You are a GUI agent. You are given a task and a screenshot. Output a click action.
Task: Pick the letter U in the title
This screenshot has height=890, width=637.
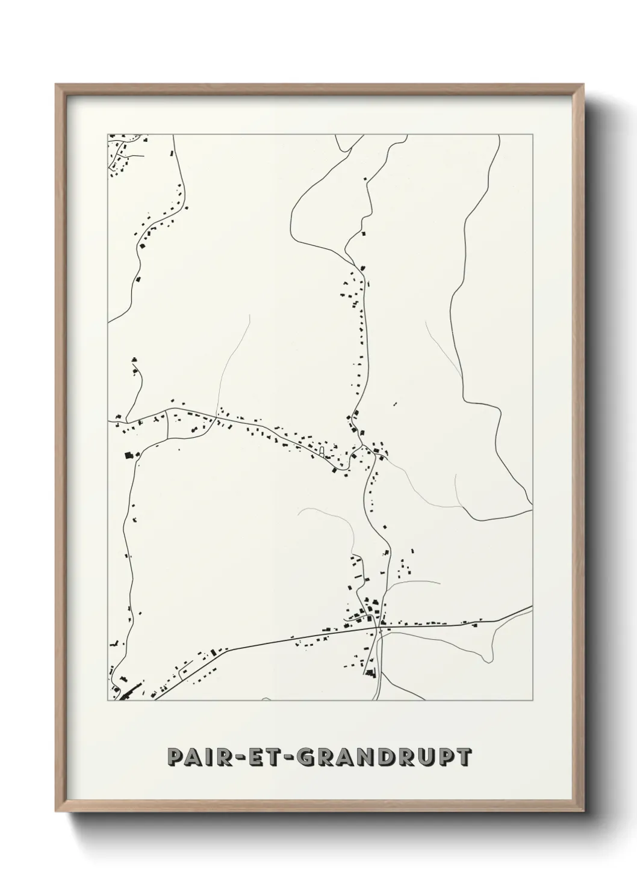[x=426, y=757]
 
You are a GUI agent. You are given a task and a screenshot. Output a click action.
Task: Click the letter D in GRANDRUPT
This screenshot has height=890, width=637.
[x=388, y=757]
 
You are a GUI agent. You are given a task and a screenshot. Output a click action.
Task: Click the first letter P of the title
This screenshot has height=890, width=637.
[x=176, y=757]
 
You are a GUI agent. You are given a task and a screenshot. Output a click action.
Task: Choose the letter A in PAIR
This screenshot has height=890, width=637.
[x=196, y=757]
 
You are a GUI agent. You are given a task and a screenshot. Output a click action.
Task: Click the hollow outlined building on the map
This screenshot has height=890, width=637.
[x=322, y=450]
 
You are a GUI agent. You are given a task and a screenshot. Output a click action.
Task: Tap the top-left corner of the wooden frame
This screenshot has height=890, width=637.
[x=56, y=85]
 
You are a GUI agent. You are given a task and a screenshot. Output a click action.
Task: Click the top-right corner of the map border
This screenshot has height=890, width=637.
[x=533, y=134]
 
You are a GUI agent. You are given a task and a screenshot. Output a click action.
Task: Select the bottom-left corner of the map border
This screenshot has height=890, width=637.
[x=108, y=701]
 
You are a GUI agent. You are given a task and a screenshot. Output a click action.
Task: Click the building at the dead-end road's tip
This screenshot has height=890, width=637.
[x=134, y=360]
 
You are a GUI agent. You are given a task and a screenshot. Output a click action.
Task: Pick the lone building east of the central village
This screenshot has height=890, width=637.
[x=396, y=404]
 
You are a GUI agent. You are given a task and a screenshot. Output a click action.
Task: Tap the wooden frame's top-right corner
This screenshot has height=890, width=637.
[x=584, y=85]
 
